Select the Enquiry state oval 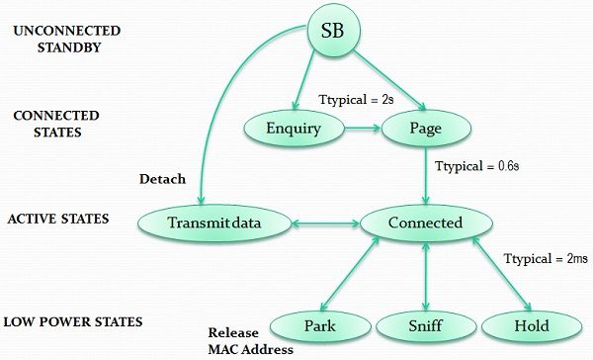coord(294,128)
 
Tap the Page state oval coord(424,128)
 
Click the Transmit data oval coord(218,223)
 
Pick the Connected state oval coord(425,223)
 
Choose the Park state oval coord(315,325)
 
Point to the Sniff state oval coord(425,325)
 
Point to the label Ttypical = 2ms coord(547,259)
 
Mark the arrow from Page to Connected coord(425,174)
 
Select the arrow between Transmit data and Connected coord(326,224)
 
